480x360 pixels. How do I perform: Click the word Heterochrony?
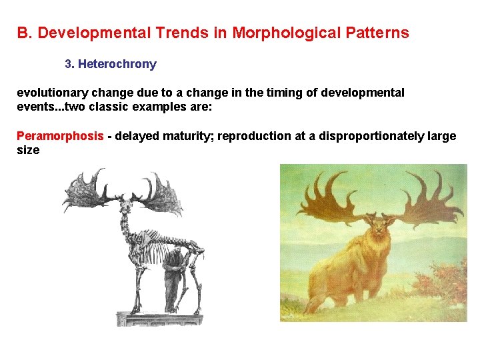pyautogui.click(x=117, y=65)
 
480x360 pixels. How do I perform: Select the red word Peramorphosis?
pyautogui.click(x=60, y=137)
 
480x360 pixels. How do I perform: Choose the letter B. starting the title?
pyautogui.click(x=25, y=33)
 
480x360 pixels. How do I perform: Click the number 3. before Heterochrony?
pyautogui.click(x=69, y=65)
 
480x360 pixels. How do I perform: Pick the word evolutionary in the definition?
pyautogui.click(x=50, y=93)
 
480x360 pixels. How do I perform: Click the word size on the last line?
pyautogui.click(x=28, y=151)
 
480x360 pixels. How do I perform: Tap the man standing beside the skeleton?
pyautogui.click(x=173, y=277)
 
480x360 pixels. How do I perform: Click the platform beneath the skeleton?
pyautogui.click(x=160, y=319)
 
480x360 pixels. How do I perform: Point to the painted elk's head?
pyautogui.click(x=379, y=230)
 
